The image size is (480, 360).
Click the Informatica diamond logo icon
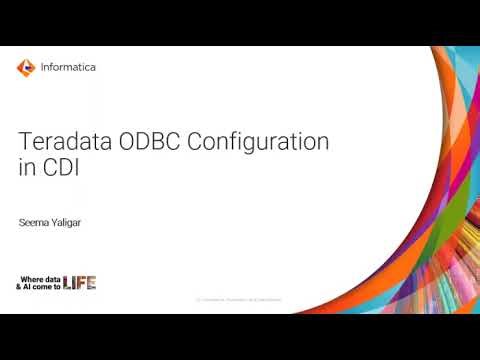tap(26, 68)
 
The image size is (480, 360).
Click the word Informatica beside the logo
tap(68, 68)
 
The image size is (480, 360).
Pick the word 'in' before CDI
tap(26, 168)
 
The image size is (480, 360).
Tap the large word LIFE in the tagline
tap(79, 282)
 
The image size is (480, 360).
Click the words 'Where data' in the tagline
tap(41, 278)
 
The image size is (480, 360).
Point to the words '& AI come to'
tap(38, 287)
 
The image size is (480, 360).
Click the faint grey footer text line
tap(239, 299)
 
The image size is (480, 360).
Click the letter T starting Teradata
tap(24, 143)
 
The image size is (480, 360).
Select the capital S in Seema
tap(22, 223)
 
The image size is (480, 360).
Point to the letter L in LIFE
tap(67, 282)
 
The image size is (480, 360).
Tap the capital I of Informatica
tap(43, 68)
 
